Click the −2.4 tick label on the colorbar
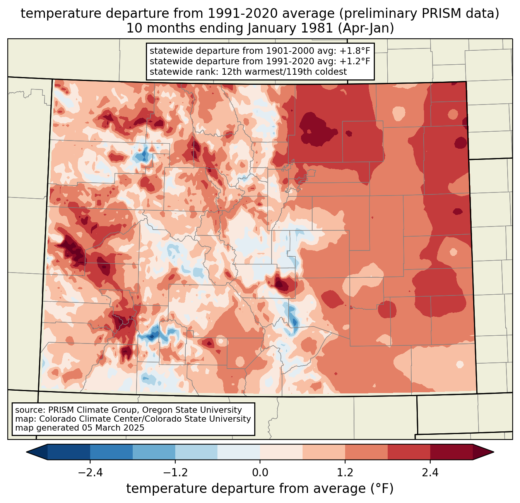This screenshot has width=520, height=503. coord(90,473)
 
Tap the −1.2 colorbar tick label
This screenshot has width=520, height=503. coord(175,473)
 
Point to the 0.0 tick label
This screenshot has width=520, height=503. coord(260,473)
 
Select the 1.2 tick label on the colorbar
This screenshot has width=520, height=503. coord(345,473)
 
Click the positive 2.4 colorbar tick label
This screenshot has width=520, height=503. coord(430,473)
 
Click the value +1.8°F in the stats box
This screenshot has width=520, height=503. coord(355,51)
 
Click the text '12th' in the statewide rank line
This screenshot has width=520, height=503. coord(231,72)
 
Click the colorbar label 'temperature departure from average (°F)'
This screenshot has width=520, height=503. coord(260,489)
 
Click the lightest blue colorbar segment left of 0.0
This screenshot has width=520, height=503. coord(239,452)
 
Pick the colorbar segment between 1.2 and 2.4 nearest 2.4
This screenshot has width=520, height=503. coord(409,452)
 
